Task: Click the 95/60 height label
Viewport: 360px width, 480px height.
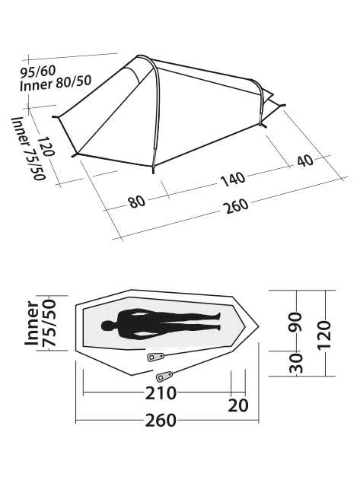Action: (38, 72)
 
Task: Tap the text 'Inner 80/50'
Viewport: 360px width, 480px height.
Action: (56, 83)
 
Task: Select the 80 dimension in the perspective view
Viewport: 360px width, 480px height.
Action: (137, 202)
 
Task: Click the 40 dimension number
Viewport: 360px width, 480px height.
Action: (305, 161)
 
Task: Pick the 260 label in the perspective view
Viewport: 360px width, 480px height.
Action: (236, 206)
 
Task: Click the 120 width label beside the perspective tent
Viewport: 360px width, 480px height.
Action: (46, 146)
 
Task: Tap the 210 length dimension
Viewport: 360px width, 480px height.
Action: (161, 393)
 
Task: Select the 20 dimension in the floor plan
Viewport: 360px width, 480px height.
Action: (238, 405)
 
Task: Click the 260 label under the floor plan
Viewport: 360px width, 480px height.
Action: (161, 421)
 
